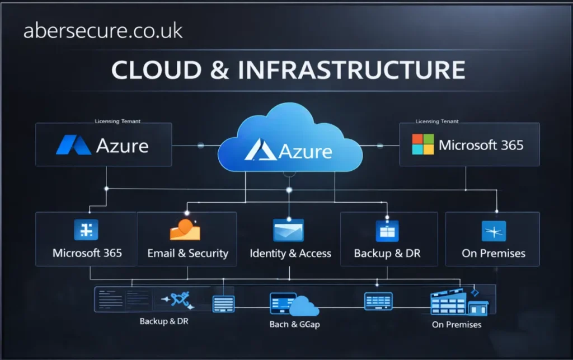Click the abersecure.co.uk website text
click(103, 31)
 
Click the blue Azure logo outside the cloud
click(73, 145)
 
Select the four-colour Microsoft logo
click(422, 144)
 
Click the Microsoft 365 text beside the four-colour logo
click(481, 145)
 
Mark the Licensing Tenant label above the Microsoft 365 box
click(437, 121)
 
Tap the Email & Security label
click(187, 253)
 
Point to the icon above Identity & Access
click(288, 230)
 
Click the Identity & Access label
click(290, 254)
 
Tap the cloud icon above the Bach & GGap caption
click(304, 306)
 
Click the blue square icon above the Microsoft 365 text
click(86, 230)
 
